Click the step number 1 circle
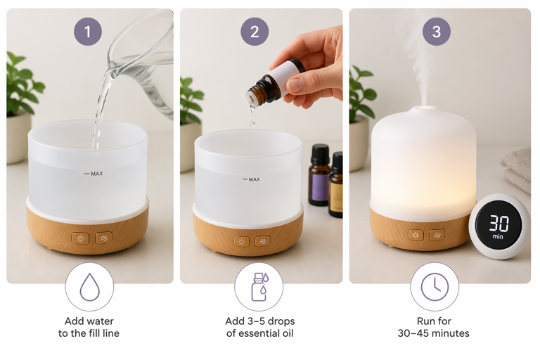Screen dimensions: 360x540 [88, 32]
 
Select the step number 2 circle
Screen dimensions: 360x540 [255, 32]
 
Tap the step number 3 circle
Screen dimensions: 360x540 [437, 32]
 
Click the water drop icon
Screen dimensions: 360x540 [89, 287]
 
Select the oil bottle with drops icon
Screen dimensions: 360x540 [259, 287]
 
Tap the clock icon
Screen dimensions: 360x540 [435, 287]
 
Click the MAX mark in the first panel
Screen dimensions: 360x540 [94, 174]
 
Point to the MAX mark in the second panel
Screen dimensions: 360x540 [251, 179]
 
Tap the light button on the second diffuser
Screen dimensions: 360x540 [242, 241]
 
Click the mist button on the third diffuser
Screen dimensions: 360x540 [437, 235]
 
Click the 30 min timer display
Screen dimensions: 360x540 [499, 226]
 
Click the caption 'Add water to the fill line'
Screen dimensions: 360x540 [89, 327]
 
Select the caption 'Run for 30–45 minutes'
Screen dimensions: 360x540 [434, 327]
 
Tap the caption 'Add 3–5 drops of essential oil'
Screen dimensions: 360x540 [259, 327]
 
